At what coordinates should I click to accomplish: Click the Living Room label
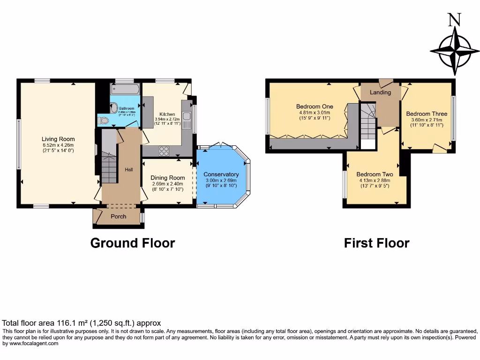(x=58, y=139)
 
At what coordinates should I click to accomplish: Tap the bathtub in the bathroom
(x=125, y=90)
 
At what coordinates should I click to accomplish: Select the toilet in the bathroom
(x=104, y=120)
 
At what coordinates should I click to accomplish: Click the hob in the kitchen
(x=165, y=151)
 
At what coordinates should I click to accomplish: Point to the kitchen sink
(x=186, y=121)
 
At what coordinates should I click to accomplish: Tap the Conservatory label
(x=221, y=174)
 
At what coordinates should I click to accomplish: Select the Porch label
(x=118, y=217)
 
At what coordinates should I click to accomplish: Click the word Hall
(x=128, y=170)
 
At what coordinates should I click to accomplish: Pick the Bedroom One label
(x=315, y=106)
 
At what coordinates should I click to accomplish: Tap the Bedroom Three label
(x=427, y=114)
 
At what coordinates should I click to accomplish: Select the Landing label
(x=380, y=92)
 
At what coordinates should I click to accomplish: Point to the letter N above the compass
(x=454, y=20)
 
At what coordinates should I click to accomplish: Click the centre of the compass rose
(x=454, y=51)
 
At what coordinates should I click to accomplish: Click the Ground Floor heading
(x=132, y=243)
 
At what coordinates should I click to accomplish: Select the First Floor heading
(x=376, y=243)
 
